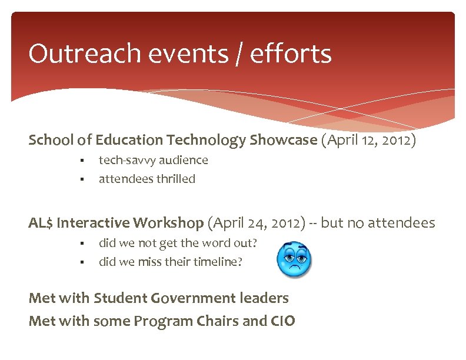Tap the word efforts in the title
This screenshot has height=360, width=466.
[291, 54]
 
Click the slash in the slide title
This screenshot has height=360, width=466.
[238, 54]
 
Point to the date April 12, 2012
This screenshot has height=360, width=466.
[369, 141]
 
